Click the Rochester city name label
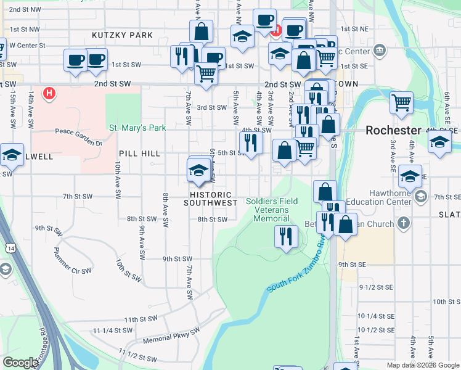(393, 130)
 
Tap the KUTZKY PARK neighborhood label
(122, 35)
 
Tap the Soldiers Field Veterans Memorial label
(272, 210)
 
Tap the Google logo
(20, 363)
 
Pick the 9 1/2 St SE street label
(375, 287)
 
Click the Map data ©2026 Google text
(423, 365)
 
